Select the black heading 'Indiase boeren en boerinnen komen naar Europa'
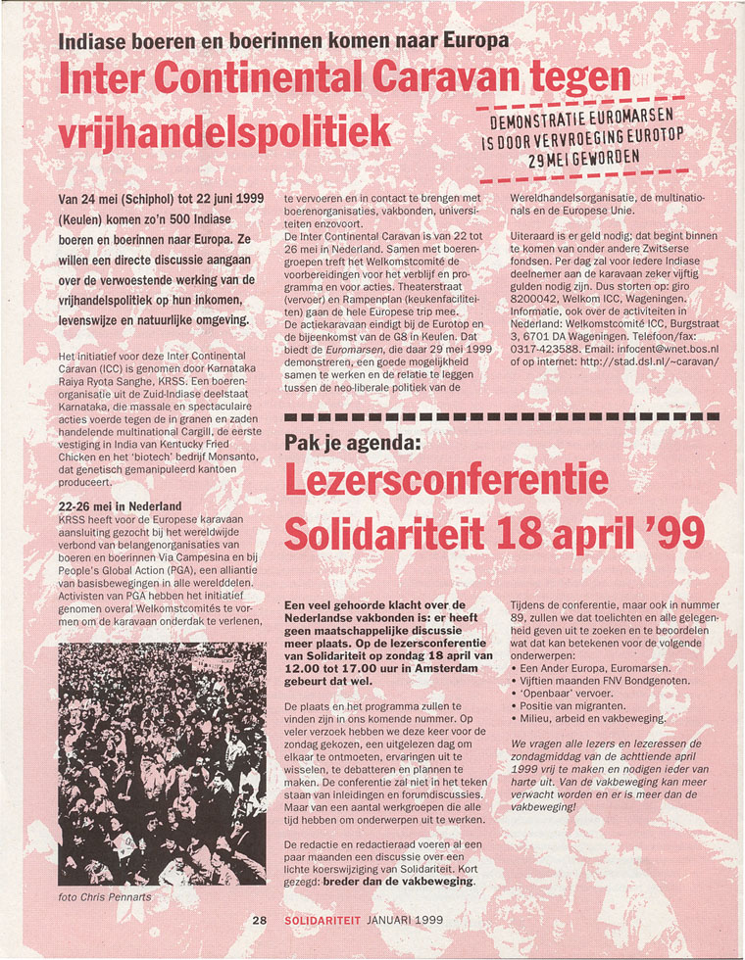coord(284,41)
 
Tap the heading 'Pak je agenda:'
coord(352,443)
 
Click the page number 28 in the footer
coord(259,921)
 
